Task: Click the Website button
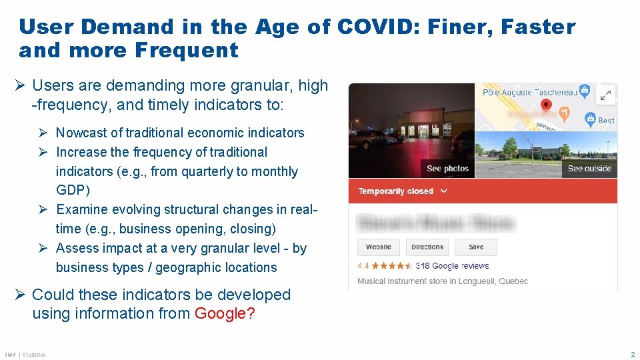379,247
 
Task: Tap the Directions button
427,247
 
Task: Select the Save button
476,247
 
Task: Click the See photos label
448,169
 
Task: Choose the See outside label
589,169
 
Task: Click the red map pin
546,105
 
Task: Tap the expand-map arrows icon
605,95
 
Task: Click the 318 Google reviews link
452,265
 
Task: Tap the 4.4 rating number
363,265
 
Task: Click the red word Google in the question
220,313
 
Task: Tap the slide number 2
633,354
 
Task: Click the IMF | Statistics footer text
25,355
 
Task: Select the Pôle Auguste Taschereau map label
530,92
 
